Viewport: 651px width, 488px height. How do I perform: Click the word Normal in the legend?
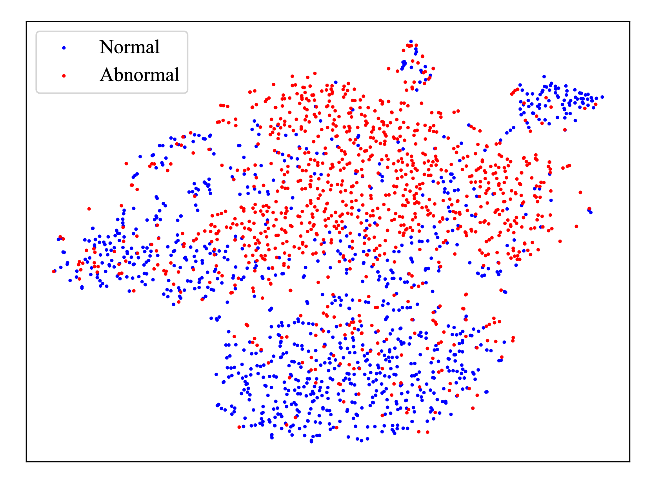tap(129, 47)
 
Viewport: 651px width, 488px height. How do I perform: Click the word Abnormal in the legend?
tap(139, 74)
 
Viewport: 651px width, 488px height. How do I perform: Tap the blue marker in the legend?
tap(64, 48)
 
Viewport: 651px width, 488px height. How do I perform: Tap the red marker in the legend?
tap(64, 76)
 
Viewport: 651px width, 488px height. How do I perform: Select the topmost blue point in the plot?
tap(411, 42)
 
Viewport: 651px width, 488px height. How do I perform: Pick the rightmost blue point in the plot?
tap(602, 97)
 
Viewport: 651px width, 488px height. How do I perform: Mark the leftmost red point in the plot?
tap(54, 271)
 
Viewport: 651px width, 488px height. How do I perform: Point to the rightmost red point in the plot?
tap(596, 104)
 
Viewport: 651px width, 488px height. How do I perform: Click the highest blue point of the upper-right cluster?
tap(544, 76)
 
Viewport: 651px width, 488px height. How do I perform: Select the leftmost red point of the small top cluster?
tap(389, 69)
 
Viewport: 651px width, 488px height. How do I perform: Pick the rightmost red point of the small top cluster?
tap(433, 69)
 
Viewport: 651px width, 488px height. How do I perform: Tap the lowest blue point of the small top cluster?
tap(417, 90)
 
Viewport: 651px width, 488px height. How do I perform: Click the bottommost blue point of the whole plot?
tap(311, 441)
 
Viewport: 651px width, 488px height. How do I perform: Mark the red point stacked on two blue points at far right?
tap(589, 209)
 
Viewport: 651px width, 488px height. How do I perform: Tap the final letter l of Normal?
tap(157, 47)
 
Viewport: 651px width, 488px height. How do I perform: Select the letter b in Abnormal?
tap(119, 74)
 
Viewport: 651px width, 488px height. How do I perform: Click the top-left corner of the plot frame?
tap(26, 21)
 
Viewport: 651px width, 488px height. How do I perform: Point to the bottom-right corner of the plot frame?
tap(630, 461)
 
